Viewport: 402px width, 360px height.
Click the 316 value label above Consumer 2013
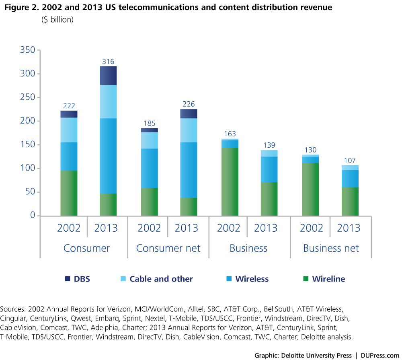108,62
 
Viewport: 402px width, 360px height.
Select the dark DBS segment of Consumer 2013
108,76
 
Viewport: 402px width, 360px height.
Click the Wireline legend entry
324,279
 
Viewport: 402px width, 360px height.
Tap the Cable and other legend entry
157,279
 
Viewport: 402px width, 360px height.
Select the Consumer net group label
168,248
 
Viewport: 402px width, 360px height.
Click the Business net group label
331,248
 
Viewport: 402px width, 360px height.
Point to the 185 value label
149,123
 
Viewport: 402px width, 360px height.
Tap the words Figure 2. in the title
19,8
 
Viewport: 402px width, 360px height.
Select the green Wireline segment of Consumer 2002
69,193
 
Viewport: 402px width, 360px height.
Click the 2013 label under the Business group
266,228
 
